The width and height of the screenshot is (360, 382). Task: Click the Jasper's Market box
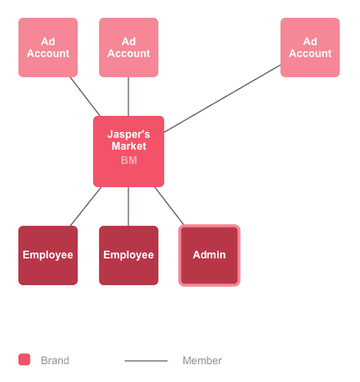coord(128,152)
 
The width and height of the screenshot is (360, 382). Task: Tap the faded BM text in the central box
coord(128,160)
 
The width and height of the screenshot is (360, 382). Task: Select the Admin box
coord(209,255)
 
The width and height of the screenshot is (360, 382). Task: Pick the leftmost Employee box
coord(48,255)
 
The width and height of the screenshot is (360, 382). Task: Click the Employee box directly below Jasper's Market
coord(128,255)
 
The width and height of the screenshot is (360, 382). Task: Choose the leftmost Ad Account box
coord(48,47)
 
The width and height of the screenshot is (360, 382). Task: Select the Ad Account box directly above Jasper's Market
coord(128,47)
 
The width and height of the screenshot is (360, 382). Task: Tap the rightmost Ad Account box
coord(310,47)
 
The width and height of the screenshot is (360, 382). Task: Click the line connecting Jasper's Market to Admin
coord(169,206)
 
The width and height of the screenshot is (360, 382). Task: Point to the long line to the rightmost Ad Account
coord(222,99)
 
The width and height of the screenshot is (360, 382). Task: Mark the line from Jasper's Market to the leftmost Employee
coord(85,206)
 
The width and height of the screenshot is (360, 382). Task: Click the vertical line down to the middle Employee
coord(128,206)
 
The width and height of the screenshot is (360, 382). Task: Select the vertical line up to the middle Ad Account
coord(128,97)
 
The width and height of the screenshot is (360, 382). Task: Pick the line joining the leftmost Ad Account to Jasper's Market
coord(85,97)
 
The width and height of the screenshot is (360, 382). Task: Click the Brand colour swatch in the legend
coord(24,359)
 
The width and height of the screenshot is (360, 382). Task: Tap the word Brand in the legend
coord(55,360)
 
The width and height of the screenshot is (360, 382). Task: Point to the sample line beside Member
coord(146,361)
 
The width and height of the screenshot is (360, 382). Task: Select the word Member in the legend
coord(202,360)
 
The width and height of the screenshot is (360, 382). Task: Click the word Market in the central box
coord(128,146)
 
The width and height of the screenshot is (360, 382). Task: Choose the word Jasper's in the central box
coord(128,134)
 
